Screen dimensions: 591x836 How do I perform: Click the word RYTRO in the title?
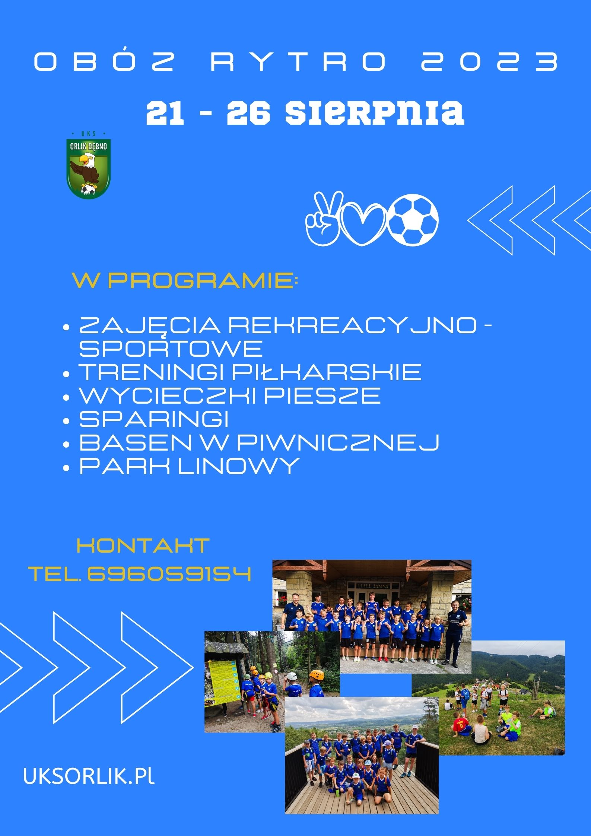tap(299, 61)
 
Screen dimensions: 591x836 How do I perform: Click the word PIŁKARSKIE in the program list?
tap(327, 372)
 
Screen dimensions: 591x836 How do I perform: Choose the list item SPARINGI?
tap(154, 419)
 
